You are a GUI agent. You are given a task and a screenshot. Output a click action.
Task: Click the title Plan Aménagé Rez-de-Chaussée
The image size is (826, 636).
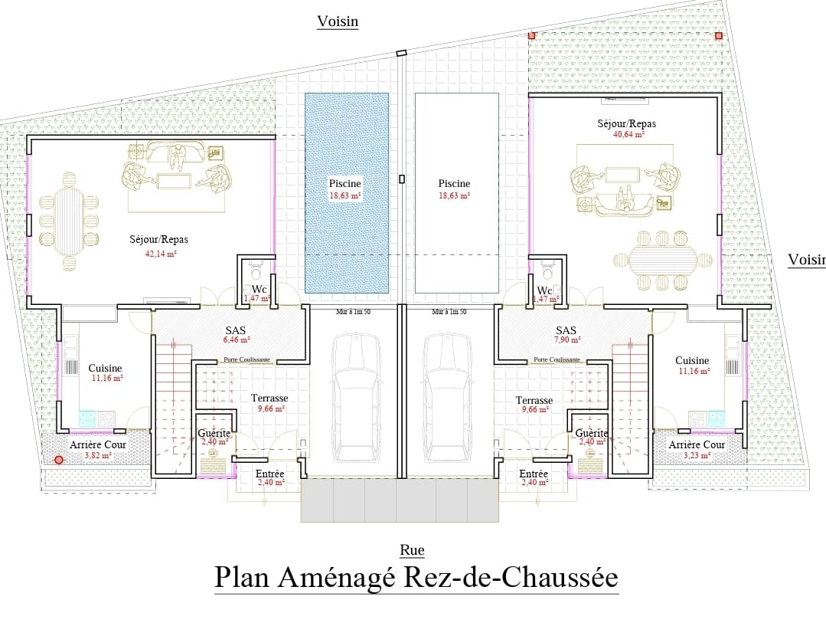pos(416,577)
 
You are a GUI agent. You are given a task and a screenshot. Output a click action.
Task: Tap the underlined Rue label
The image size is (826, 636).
pos(412,549)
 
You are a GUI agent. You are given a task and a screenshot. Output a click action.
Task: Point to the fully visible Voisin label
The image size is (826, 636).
pos(338,21)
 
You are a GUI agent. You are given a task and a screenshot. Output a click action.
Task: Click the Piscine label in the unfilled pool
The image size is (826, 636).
pos(454,183)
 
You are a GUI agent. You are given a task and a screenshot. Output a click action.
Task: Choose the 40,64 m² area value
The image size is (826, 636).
pos(627,134)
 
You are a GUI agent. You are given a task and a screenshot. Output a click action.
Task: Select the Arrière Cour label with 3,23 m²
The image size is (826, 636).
pos(697,444)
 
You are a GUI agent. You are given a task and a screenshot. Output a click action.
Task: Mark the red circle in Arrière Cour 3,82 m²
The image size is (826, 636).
pos(58,461)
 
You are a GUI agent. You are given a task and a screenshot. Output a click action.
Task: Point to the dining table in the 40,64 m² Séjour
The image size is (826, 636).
pos(663,261)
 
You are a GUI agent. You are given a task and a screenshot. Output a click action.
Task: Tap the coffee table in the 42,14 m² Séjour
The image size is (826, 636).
pos(175,180)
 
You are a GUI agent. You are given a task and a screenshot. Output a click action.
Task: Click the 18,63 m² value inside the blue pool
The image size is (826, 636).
pos(345,195)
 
